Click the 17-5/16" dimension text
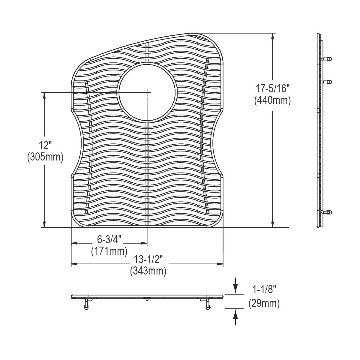tap(273, 89)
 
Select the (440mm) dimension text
tap(273, 100)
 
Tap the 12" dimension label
tap(45, 146)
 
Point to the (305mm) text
tap(45, 157)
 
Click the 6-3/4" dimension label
tap(109, 239)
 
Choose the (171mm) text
tap(109, 250)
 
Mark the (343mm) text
tap(148, 271)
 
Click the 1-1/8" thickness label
tap(264, 290)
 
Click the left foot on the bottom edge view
tap(86, 304)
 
